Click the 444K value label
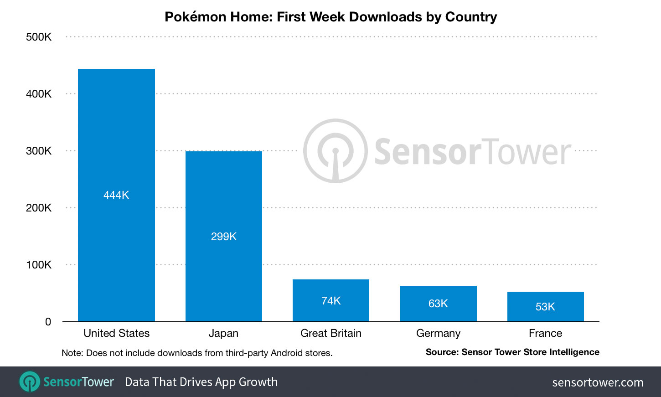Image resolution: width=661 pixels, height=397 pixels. (x=116, y=195)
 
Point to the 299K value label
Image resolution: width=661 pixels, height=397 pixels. (x=223, y=237)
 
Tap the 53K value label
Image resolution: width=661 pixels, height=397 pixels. (x=545, y=307)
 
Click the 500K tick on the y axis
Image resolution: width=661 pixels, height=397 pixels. (x=39, y=37)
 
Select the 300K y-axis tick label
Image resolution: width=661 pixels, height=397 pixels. (x=39, y=151)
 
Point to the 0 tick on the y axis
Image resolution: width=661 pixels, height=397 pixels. (x=48, y=322)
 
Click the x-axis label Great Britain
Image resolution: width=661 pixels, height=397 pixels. (x=330, y=333)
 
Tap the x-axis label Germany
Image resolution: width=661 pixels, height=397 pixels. (x=438, y=333)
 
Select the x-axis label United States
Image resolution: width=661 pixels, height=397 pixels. (x=116, y=333)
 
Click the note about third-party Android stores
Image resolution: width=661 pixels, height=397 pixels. (x=197, y=353)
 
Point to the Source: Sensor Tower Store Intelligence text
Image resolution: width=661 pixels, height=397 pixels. (x=512, y=352)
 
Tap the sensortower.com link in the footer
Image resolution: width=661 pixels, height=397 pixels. (x=598, y=382)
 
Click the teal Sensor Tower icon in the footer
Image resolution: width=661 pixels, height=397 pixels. (x=30, y=382)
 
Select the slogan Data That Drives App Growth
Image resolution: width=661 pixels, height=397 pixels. (x=201, y=382)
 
